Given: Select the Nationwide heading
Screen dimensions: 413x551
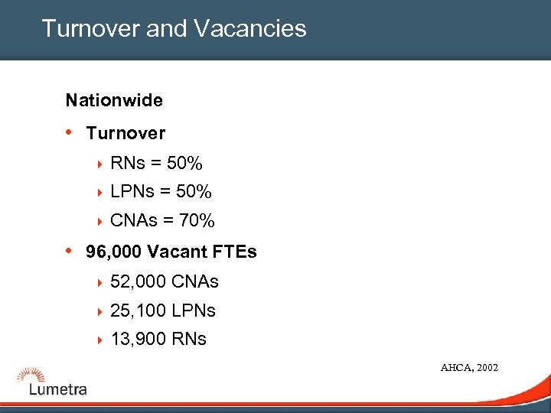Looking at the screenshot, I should click(x=114, y=100).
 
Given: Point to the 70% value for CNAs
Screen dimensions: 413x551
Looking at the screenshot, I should click(x=197, y=221).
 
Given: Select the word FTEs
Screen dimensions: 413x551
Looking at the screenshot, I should click(x=233, y=252).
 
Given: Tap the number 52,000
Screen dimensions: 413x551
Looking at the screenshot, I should click(x=139, y=281).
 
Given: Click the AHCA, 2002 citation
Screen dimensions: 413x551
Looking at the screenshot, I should click(x=469, y=368).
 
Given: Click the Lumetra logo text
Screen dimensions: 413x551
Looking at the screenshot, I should click(x=58, y=389).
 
